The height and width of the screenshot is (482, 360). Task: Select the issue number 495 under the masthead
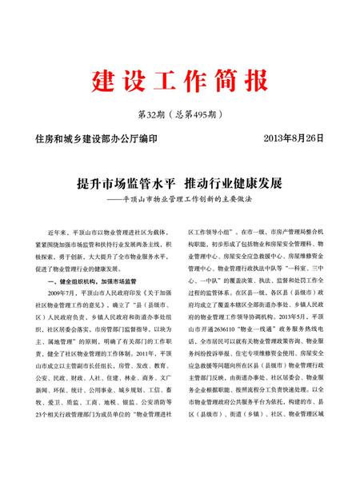pyautogui.click(x=192, y=114)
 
